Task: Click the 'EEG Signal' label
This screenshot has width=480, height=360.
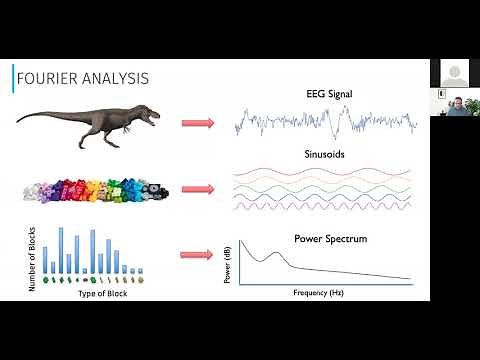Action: coord(325,94)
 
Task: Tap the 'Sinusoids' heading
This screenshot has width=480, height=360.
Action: coord(325,155)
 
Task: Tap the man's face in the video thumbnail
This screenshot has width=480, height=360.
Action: coord(454,102)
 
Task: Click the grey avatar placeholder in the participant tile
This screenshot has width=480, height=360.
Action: coord(454,72)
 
